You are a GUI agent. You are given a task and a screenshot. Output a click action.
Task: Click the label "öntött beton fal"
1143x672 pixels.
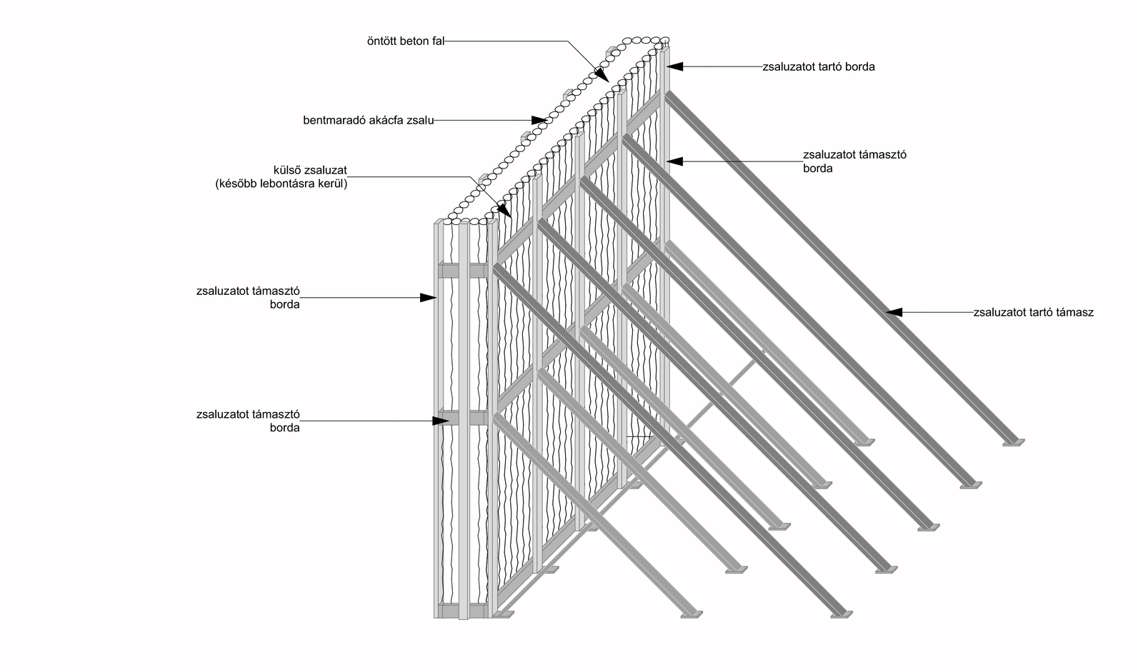406,41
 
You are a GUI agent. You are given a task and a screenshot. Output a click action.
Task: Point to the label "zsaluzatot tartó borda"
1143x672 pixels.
819,67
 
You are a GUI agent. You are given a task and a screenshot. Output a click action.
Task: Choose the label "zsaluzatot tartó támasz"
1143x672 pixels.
1033,312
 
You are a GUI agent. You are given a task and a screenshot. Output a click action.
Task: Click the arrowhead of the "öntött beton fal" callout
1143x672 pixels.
601,74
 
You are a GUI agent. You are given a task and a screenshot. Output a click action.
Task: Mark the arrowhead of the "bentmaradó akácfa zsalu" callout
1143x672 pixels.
539,121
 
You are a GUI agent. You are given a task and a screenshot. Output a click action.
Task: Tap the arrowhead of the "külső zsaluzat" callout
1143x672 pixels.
504,210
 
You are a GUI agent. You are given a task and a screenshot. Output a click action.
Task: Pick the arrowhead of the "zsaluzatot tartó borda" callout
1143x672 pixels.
674,66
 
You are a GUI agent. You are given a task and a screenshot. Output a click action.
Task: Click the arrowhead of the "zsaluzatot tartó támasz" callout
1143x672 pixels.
894,312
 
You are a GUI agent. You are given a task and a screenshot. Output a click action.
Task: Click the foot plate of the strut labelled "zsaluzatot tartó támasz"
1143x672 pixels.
1014,443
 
